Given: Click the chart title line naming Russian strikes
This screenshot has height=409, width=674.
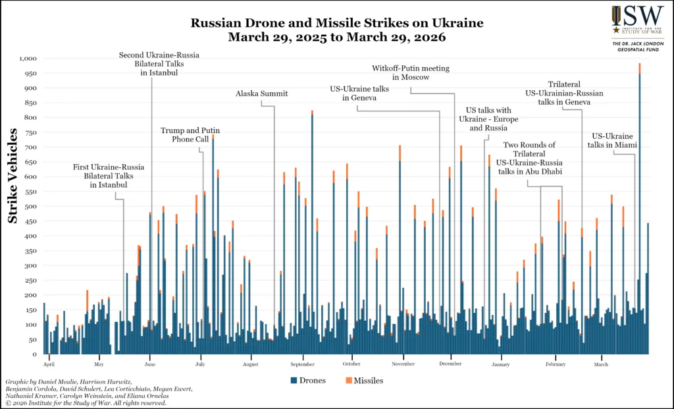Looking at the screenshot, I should (337, 23).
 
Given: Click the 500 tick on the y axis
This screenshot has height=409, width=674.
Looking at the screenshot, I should (28, 206).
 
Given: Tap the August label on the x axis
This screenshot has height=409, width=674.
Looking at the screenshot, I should (250, 364).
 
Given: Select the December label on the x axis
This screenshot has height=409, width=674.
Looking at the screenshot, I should (450, 364).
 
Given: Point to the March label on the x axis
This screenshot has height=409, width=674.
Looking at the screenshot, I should (600, 364).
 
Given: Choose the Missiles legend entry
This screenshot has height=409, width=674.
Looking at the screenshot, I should (364, 381).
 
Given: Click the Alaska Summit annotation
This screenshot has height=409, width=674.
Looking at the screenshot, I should (261, 94).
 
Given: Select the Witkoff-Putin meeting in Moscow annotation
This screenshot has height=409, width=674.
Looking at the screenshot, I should (401, 72).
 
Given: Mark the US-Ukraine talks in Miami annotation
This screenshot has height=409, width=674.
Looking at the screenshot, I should (613, 141).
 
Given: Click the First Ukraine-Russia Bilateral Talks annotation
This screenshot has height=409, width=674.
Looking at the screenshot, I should (109, 176).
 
